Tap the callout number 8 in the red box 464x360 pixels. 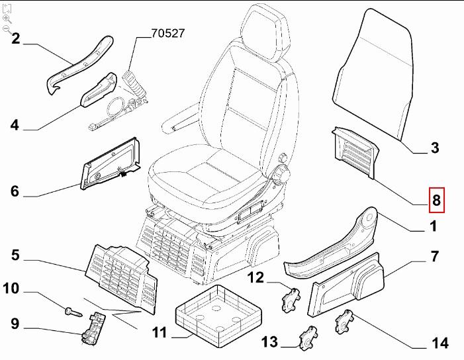point(436,199)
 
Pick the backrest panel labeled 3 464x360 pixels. point(372,73)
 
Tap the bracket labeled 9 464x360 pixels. point(93,329)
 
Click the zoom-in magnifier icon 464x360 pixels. point(7,19)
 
